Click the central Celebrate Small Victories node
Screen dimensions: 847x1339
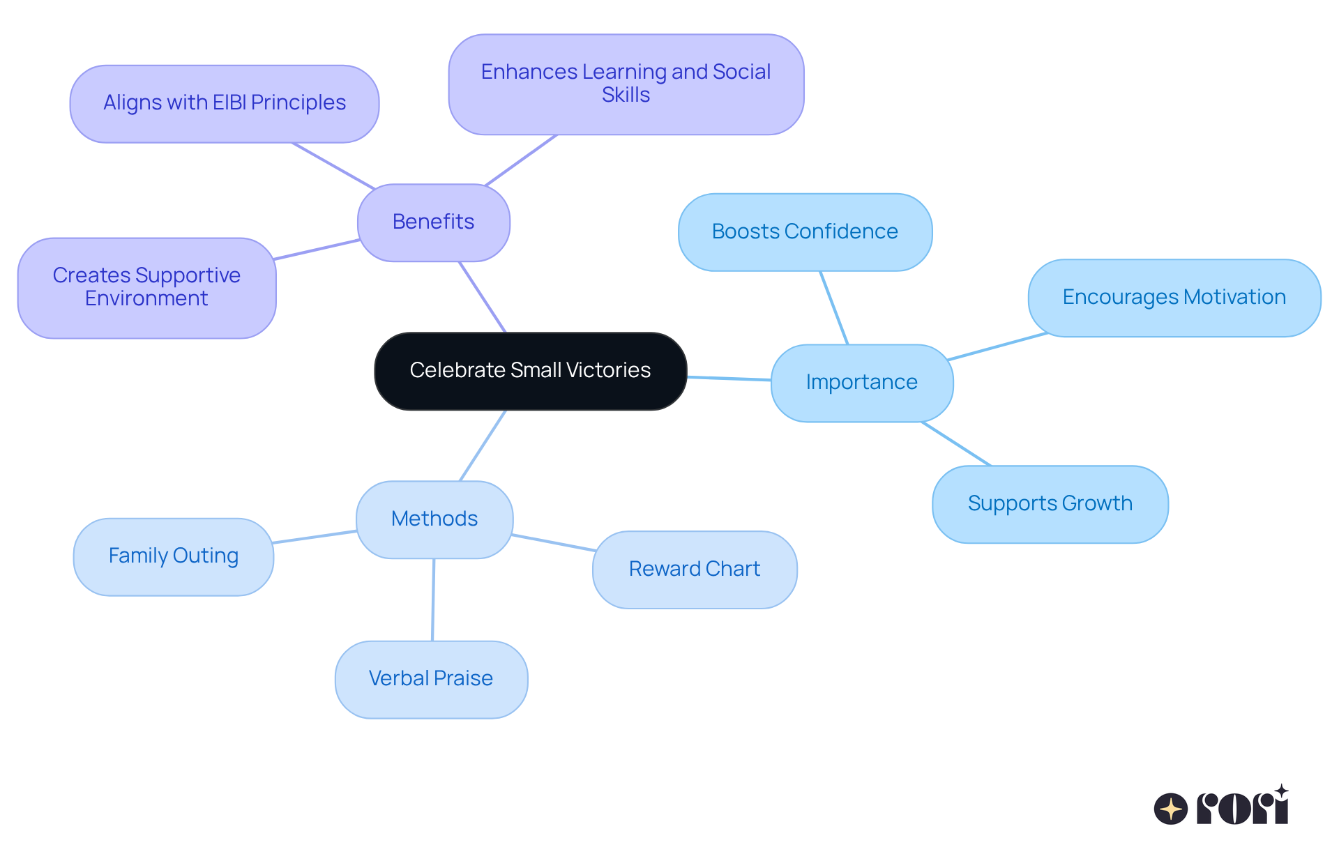(x=530, y=371)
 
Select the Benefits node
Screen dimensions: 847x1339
(x=433, y=222)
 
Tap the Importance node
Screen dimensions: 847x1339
(x=861, y=383)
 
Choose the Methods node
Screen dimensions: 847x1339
(x=434, y=519)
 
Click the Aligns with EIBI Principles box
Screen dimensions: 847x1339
(x=224, y=104)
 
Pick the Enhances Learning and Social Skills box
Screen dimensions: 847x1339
(x=626, y=84)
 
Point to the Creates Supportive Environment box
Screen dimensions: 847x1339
(x=146, y=288)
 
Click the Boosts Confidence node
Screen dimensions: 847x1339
(x=805, y=232)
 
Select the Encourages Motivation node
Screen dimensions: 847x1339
(x=1174, y=298)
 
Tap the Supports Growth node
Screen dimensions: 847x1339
(x=1050, y=504)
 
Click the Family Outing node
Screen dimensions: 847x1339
(x=173, y=556)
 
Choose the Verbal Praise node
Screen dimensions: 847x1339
(x=431, y=679)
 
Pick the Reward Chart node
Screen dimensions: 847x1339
(x=694, y=570)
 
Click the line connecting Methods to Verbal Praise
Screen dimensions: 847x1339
(x=433, y=600)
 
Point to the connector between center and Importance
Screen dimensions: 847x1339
(x=729, y=379)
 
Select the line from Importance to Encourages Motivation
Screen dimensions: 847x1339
(x=997, y=346)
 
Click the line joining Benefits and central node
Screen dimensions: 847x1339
(x=482, y=297)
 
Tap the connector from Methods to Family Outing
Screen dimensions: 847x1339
(x=315, y=537)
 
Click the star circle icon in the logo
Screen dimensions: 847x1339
(x=1170, y=809)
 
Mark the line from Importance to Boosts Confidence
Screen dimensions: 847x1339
(x=834, y=307)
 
